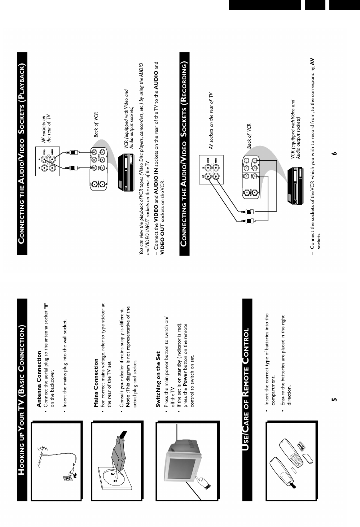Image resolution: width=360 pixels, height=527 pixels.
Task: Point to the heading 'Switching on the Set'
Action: click(158, 380)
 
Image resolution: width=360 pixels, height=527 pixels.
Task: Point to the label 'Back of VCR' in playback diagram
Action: click(96, 125)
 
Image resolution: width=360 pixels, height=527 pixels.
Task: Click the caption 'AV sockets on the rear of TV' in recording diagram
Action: click(211, 121)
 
